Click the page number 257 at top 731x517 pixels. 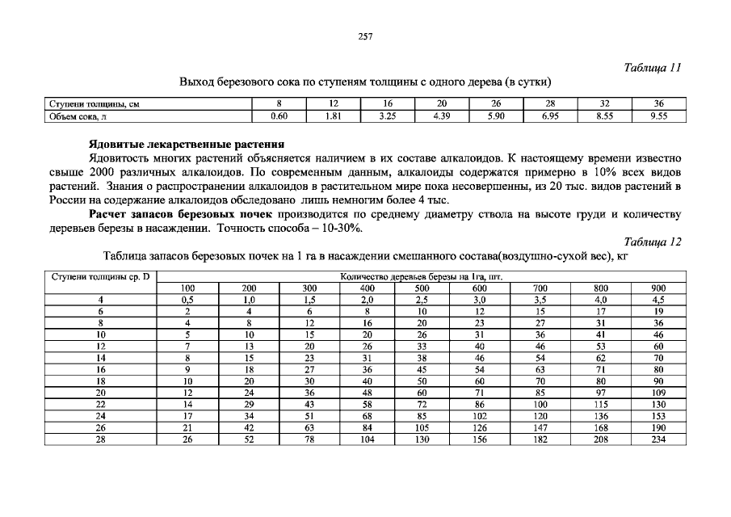[364, 36]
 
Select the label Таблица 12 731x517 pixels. [653, 242]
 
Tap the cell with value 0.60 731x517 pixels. [279, 116]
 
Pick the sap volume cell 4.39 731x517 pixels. [441, 116]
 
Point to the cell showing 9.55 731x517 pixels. [658, 116]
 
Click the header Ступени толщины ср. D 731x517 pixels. [100, 276]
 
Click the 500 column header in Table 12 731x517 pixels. [422, 288]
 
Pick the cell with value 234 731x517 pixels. [658, 439]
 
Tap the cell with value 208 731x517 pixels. [600, 439]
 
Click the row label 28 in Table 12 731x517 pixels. [100, 439]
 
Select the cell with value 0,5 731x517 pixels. [187, 299]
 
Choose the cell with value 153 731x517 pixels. [658, 417]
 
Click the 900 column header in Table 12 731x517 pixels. [658, 288]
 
